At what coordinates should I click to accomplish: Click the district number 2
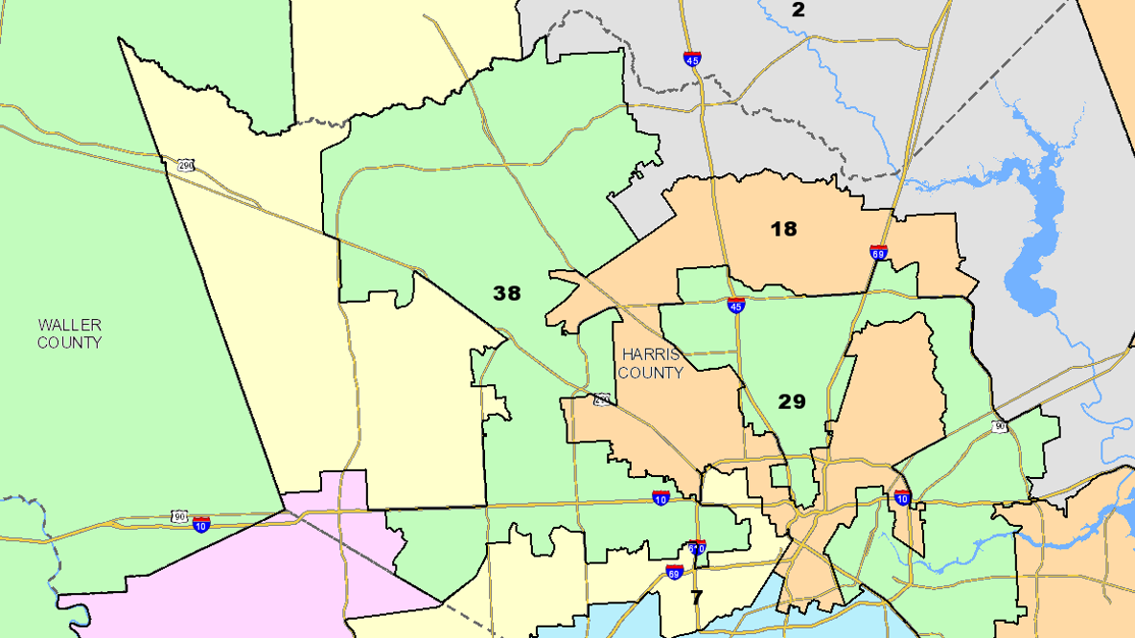pos(799,11)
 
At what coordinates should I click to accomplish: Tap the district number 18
pos(784,229)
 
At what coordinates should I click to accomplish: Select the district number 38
pos(507,293)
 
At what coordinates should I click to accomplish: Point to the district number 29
pos(792,401)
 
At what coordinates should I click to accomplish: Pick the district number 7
pos(697,597)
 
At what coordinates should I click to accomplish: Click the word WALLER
pos(70,325)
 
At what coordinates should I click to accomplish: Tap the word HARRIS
pos(650,353)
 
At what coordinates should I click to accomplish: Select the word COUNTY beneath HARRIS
pos(650,373)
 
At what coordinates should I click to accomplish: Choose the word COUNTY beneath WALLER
pos(70,342)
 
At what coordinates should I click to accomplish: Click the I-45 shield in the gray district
pos(692,58)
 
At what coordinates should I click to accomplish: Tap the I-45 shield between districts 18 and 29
pos(736,306)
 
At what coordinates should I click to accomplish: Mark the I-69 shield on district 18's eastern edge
pos(878,253)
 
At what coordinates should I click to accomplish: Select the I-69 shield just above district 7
pos(675,573)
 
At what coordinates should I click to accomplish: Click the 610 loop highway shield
pos(698,548)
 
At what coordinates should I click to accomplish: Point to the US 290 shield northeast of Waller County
pos(184,166)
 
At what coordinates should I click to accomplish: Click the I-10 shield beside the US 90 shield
pos(201,524)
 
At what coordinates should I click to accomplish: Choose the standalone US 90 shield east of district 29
pos(1000,426)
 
